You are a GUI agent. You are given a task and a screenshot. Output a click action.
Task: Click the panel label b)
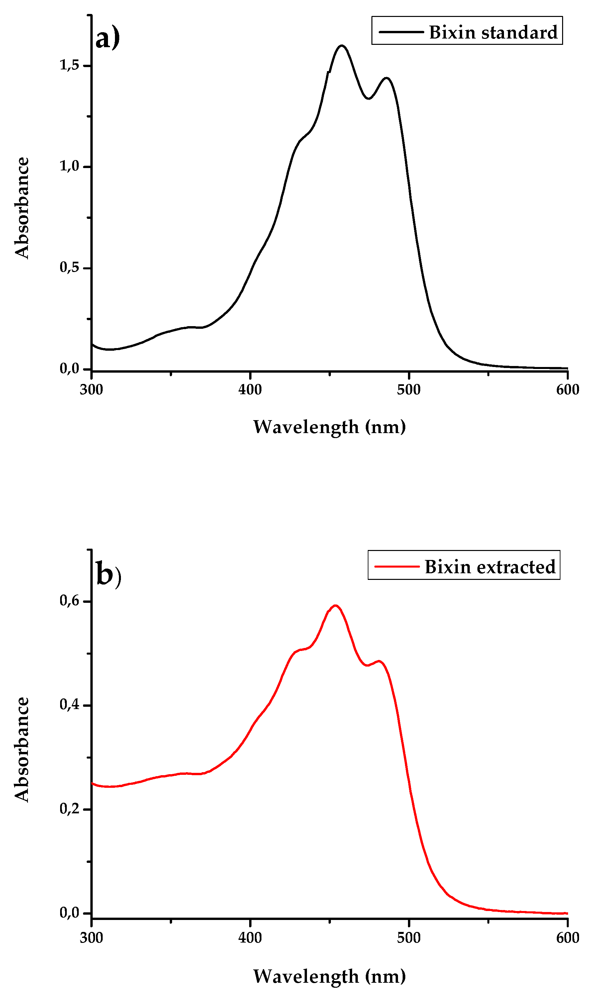point(108,576)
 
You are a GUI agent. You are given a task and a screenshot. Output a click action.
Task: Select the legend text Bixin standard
point(493,32)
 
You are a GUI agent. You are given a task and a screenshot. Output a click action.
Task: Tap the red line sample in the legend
point(397,566)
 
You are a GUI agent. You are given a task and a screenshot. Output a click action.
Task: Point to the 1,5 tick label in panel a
point(69,65)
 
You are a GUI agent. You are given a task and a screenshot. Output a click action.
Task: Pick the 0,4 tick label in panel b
point(69,705)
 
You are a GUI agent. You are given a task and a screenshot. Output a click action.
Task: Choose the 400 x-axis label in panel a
point(250,390)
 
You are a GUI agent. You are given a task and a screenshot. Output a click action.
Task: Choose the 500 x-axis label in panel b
point(409,938)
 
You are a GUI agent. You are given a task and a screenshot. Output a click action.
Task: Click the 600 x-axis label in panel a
point(567,390)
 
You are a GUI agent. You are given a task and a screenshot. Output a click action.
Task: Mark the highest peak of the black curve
point(342,46)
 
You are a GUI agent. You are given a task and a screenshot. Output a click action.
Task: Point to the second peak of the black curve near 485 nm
point(386,78)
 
